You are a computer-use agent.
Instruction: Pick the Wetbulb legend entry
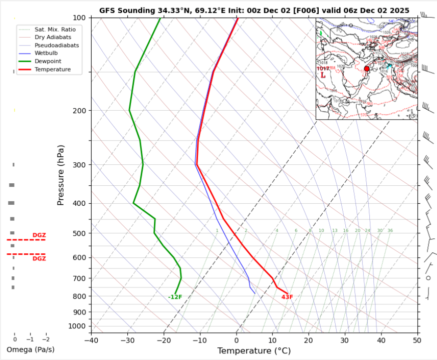coord(46,53)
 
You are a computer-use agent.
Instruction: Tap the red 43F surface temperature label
coord(287,297)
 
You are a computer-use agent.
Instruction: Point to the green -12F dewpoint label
coord(175,297)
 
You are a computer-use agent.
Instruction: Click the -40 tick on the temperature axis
coord(91,340)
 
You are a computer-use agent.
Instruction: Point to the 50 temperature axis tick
coord(417,340)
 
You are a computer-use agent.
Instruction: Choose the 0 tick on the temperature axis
coord(237,340)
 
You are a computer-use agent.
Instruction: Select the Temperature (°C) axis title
coord(255,351)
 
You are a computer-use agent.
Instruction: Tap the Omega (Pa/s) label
coord(31,349)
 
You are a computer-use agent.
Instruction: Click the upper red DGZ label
coord(39,235)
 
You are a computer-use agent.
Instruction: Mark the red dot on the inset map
coord(366,69)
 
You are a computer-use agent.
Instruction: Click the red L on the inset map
coord(323,76)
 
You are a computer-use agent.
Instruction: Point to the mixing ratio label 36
coord(390,230)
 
